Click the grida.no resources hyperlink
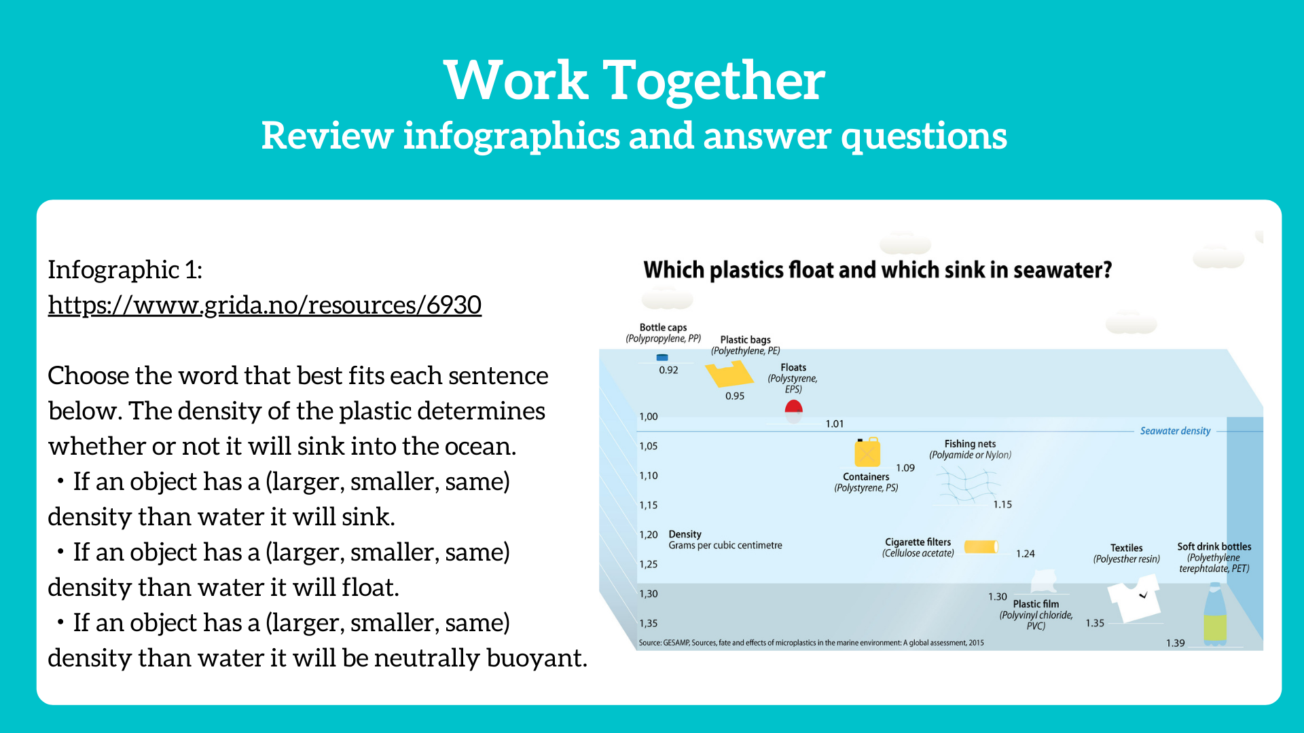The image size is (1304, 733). pyautogui.click(x=265, y=305)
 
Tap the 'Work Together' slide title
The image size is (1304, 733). pyautogui.click(x=634, y=80)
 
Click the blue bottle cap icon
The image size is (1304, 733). pyautogui.click(x=662, y=357)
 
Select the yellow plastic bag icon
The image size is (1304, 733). pyautogui.click(x=729, y=373)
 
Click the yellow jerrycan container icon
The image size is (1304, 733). pyautogui.click(x=867, y=452)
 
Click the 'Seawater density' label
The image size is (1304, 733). pyautogui.click(x=1175, y=431)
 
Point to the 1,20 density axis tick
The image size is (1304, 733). pyautogui.click(x=649, y=535)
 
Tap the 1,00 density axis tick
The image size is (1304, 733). pyautogui.click(x=649, y=417)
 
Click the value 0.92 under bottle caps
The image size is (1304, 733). pyautogui.click(x=668, y=370)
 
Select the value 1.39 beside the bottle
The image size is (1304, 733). pyautogui.click(x=1176, y=643)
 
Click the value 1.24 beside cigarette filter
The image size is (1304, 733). pyautogui.click(x=1026, y=554)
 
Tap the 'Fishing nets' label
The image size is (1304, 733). pyautogui.click(x=970, y=444)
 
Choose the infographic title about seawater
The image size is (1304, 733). pyautogui.click(x=877, y=270)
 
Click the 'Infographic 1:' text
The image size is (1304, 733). pyautogui.click(x=125, y=270)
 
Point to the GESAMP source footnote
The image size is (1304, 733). pyautogui.click(x=811, y=643)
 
